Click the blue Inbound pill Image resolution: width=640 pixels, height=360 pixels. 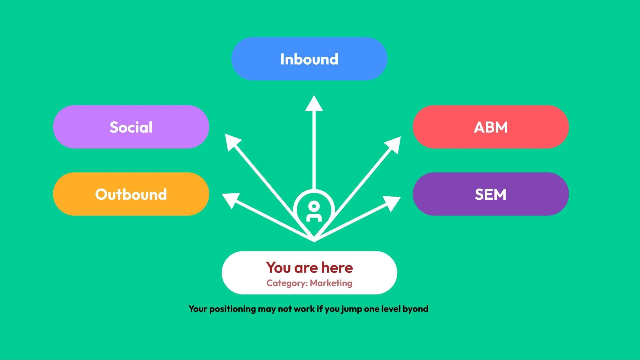(x=309, y=59)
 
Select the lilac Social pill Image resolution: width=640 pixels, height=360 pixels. (x=131, y=127)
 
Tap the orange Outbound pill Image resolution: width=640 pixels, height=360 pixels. (x=131, y=194)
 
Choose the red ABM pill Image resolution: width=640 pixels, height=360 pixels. (x=491, y=127)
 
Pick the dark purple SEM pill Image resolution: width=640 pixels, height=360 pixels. (x=491, y=194)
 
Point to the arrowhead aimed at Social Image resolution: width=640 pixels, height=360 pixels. (x=232, y=141)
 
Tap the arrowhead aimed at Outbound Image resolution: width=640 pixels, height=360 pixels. (x=231, y=200)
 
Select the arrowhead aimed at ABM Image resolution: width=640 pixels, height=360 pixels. (x=393, y=144)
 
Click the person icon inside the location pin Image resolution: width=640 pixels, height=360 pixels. (x=314, y=211)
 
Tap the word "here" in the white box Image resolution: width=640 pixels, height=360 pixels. (x=337, y=268)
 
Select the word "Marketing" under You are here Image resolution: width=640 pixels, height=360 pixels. (x=331, y=283)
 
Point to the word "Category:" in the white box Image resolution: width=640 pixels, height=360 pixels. (x=287, y=283)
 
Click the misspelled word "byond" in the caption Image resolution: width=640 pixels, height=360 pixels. (x=415, y=309)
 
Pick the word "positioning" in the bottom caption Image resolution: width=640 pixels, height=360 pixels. (x=233, y=309)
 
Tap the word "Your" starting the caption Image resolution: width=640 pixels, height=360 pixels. (x=198, y=309)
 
